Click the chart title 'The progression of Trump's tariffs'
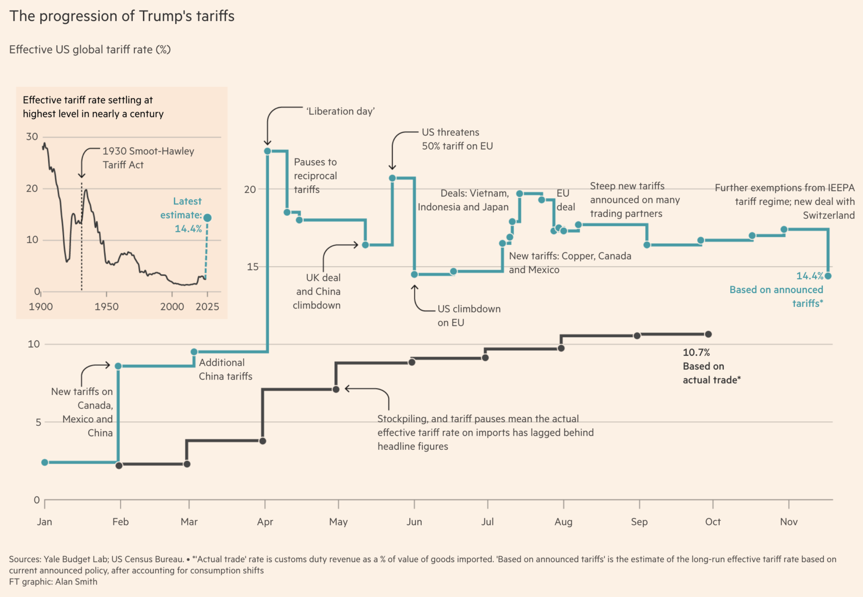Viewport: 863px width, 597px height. pos(122,16)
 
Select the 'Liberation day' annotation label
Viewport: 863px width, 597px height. pos(341,111)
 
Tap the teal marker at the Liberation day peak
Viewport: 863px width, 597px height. pos(268,151)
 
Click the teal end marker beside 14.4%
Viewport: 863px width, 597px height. pos(828,276)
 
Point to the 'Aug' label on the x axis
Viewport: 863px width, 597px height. pos(564,522)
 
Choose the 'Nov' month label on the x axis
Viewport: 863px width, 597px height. pos(789,522)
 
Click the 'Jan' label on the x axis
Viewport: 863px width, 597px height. pos(44,522)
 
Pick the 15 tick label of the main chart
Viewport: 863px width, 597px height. pos(253,267)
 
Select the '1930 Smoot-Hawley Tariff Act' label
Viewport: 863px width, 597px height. pos(148,158)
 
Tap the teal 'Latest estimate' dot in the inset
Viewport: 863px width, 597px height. pos(207,218)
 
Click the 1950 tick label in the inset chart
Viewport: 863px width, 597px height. pos(106,306)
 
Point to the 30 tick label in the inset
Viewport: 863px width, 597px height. pos(32,136)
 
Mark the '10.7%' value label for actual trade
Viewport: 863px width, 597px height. pos(696,353)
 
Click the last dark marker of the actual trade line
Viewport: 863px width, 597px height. pos(708,334)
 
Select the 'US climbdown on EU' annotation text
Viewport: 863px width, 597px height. pos(469,315)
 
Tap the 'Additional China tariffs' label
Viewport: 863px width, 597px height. pos(225,370)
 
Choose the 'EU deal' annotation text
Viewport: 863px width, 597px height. pos(565,200)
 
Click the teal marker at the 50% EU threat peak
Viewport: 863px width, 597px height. pos(392,178)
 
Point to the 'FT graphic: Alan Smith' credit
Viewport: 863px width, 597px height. pos(53,582)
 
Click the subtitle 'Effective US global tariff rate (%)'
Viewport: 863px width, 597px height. pos(90,50)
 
